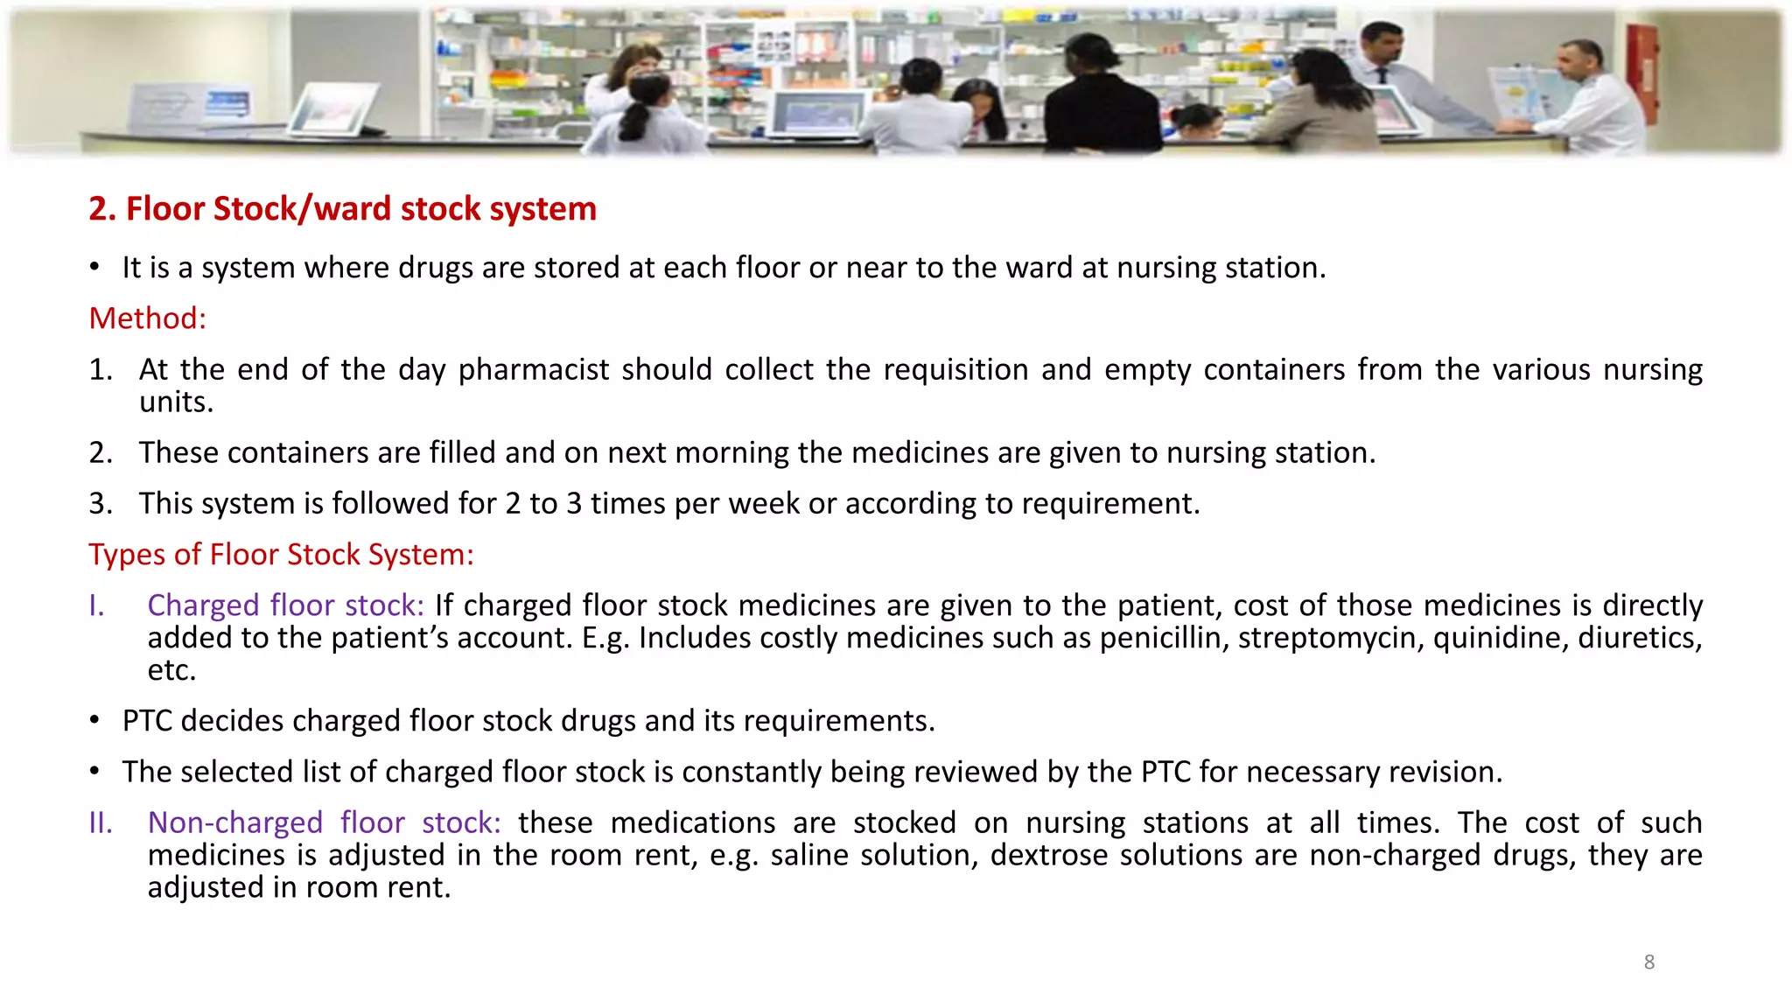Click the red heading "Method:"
pyautogui.click(x=147, y=318)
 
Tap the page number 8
pyautogui.click(x=1648, y=962)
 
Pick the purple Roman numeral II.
pyautogui.click(x=101, y=823)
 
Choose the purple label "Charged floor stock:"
pyautogui.click(x=285, y=605)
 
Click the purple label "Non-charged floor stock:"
pyautogui.click(x=324, y=823)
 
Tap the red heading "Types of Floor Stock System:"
pyautogui.click(x=281, y=555)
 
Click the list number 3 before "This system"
pyautogui.click(x=100, y=504)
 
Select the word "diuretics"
pyautogui.click(x=1639, y=638)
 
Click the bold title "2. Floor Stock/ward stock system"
pyautogui.click(x=342, y=209)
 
